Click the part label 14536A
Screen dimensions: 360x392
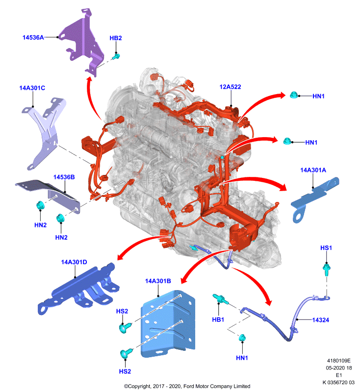33,38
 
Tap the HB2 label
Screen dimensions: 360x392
116,38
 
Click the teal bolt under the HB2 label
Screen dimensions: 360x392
116,56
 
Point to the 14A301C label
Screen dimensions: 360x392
32,88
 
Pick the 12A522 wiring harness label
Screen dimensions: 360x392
230,87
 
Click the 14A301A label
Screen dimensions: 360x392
313,170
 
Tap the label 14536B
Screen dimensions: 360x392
64,177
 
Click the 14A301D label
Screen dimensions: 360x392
74,262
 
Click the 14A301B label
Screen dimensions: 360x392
158,281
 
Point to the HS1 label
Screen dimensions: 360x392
326,248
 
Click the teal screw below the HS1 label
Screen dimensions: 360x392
327,269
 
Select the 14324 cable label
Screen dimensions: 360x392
320,320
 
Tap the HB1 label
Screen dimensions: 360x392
218,319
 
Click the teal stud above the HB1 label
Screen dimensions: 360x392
220,299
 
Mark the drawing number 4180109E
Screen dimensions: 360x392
339,361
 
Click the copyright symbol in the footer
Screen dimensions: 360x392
126,386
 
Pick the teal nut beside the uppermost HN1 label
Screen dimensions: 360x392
294,95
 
